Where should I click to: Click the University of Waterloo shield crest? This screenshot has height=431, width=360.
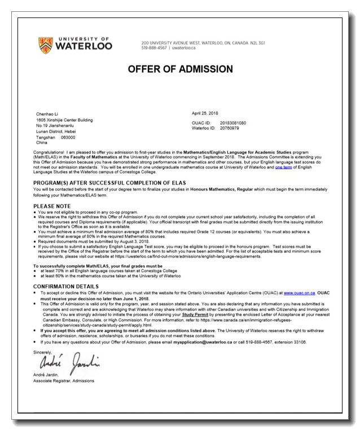tap(46, 45)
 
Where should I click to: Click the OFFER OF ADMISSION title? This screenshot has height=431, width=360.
tap(180, 69)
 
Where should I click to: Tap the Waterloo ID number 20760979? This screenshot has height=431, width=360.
tap(230, 128)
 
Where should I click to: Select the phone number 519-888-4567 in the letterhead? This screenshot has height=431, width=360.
tap(153, 48)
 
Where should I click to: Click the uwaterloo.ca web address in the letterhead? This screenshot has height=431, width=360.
tap(184, 48)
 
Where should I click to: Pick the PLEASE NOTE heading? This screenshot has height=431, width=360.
tap(52, 206)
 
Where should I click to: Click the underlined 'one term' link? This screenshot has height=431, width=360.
tap(284, 168)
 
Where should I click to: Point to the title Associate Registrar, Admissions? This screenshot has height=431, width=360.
tap(64, 381)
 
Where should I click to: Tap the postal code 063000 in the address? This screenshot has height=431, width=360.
tap(68, 137)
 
